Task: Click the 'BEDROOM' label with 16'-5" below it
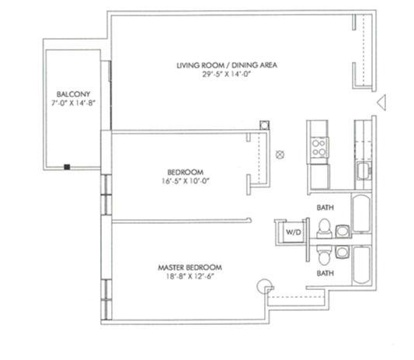pos(184,172)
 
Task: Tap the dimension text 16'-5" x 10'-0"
pos(184,182)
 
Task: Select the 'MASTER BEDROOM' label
pos(184,269)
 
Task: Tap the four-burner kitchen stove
pos(318,145)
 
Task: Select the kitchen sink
pos(362,169)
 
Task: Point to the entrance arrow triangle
pos(381,102)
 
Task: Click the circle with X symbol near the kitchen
pos(282,153)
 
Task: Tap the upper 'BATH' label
pos(325,208)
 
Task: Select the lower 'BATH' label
pos(325,274)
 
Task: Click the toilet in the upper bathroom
pos(325,227)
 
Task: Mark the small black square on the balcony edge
pos(68,166)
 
